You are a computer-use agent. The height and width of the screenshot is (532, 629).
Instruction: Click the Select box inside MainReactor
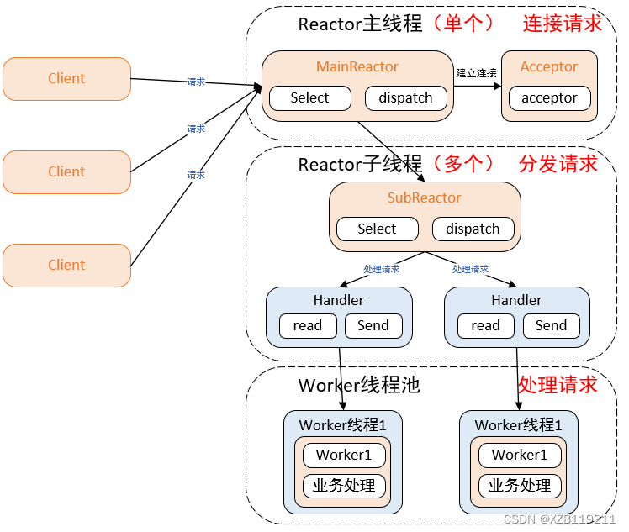(x=309, y=97)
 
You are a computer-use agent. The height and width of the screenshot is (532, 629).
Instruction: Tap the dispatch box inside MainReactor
(x=405, y=97)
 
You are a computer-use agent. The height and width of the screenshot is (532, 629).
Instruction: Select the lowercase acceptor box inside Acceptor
(x=549, y=97)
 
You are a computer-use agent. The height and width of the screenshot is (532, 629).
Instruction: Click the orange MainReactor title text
(x=357, y=66)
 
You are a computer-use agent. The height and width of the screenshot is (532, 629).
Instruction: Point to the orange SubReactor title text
(x=424, y=198)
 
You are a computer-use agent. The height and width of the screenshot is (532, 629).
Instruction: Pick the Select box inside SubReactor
(x=377, y=229)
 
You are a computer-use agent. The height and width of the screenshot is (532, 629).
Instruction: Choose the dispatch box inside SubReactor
(x=473, y=229)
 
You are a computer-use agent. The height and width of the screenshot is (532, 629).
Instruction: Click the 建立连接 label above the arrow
(x=477, y=73)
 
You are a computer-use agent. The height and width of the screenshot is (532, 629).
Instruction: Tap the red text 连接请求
(x=563, y=24)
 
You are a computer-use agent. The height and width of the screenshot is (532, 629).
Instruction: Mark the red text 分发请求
(x=558, y=163)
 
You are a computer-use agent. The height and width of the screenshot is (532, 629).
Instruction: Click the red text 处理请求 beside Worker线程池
(x=557, y=385)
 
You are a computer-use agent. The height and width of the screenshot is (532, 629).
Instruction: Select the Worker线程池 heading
(x=359, y=386)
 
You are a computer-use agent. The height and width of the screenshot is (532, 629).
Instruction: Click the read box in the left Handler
(x=308, y=326)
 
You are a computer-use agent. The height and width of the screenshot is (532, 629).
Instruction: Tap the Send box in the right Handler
(x=551, y=326)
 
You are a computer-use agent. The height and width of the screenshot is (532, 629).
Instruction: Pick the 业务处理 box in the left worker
(x=344, y=485)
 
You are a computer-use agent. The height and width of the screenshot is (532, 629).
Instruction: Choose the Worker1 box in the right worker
(x=520, y=455)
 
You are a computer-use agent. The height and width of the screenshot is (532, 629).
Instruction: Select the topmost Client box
(x=66, y=79)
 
